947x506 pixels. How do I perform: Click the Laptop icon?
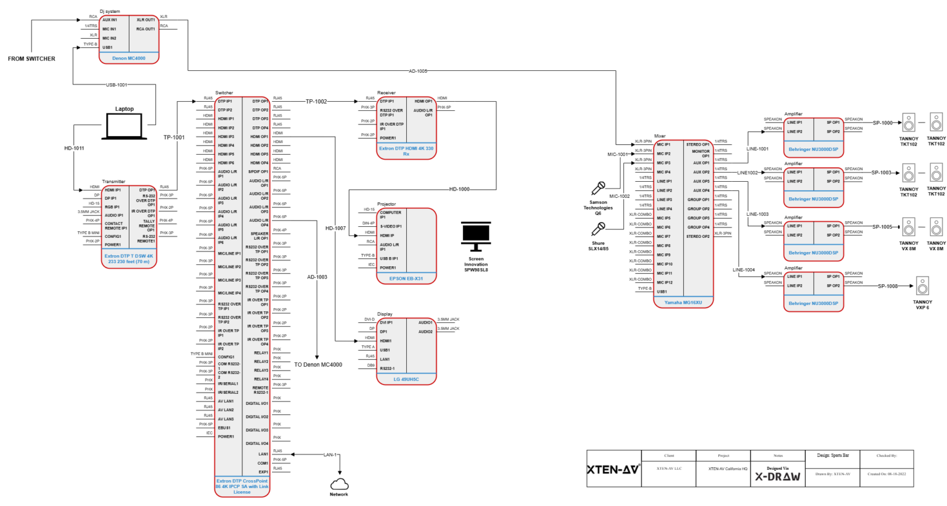124,126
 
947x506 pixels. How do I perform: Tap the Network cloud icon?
339,484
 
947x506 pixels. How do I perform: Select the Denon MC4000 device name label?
129,59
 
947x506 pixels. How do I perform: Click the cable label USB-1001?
117,85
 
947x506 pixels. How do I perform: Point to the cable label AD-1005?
417,71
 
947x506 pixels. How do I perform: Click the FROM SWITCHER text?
31,59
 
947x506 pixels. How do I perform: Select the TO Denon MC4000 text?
318,365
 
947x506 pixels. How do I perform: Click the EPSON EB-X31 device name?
406,279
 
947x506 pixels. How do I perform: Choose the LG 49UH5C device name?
406,380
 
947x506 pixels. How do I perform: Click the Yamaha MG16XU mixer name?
683,303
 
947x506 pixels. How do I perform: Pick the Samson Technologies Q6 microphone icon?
598,189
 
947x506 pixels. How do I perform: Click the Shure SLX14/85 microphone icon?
598,230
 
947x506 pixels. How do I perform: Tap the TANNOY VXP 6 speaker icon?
922,287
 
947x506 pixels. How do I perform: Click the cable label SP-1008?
887,287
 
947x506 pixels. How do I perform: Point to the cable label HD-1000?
459,190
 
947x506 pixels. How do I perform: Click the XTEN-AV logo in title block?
613,470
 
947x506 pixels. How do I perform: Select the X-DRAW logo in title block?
777,476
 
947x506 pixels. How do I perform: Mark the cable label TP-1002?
316,102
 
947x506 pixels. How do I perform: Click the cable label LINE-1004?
744,270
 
